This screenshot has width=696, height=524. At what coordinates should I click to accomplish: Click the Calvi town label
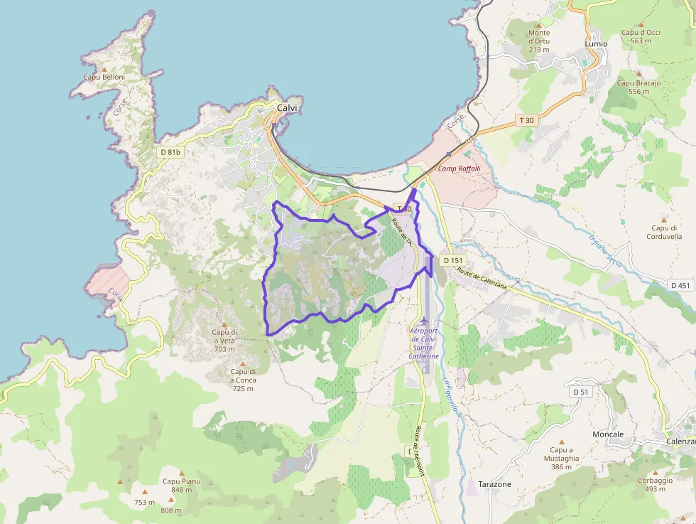pyautogui.click(x=287, y=108)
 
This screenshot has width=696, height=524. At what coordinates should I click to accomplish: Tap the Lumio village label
pyautogui.click(x=596, y=43)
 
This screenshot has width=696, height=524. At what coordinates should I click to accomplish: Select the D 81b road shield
pyautogui.click(x=170, y=152)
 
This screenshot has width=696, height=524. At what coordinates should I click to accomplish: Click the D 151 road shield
pyautogui.click(x=453, y=260)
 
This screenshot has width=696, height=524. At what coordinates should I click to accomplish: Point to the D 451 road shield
pyautogui.click(x=680, y=285)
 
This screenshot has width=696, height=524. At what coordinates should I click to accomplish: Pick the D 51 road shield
pyautogui.click(x=580, y=392)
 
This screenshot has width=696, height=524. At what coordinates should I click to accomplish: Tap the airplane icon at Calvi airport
pyautogui.click(x=425, y=321)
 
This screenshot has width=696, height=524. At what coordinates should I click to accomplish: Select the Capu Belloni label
pyautogui.click(x=104, y=77)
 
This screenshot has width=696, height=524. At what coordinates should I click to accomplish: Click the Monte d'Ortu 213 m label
pyautogui.click(x=539, y=41)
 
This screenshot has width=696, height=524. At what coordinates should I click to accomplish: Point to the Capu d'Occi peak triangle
pyautogui.click(x=641, y=23)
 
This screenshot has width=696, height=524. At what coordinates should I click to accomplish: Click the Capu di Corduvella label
pyautogui.click(x=665, y=232)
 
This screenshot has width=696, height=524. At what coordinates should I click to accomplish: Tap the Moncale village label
pyautogui.click(x=608, y=434)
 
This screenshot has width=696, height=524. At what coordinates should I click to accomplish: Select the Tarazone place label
pyautogui.click(x=495, y=484)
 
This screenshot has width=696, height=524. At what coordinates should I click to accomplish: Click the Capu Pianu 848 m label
pyautogui.click(x=181, y=485)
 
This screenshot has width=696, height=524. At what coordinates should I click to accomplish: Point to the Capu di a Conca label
pyautogui.click(x=242, y=380)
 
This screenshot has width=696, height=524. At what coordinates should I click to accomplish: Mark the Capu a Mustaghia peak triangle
pyautogui.click(x=561, y=441)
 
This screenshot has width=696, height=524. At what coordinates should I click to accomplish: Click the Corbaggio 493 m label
pyautogui.click(x=655, y=484)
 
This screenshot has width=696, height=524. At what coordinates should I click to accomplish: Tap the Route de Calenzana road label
pyautogui.click(x=483, y=279)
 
